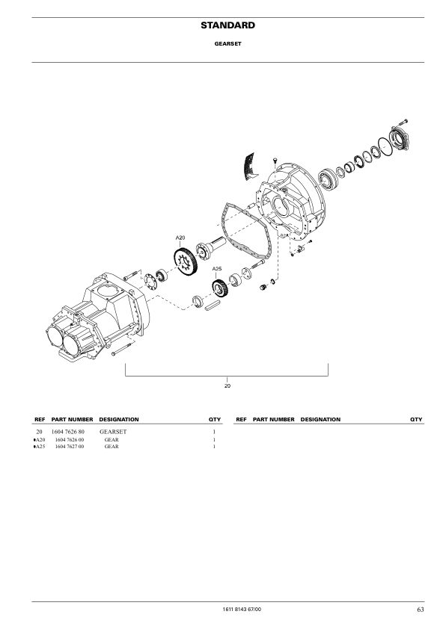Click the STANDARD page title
coord(227,25)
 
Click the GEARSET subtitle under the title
coord(227,44)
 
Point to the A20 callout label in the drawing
coord(180,238)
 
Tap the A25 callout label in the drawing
coord(216,268)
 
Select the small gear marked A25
coord(219,288)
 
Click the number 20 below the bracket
coord(227,385)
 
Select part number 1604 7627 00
coord(70,447)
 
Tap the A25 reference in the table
coord(40,447)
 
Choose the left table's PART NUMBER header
coord(72,419)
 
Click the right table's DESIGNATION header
coord(320,419)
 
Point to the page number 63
coord(421,610)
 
